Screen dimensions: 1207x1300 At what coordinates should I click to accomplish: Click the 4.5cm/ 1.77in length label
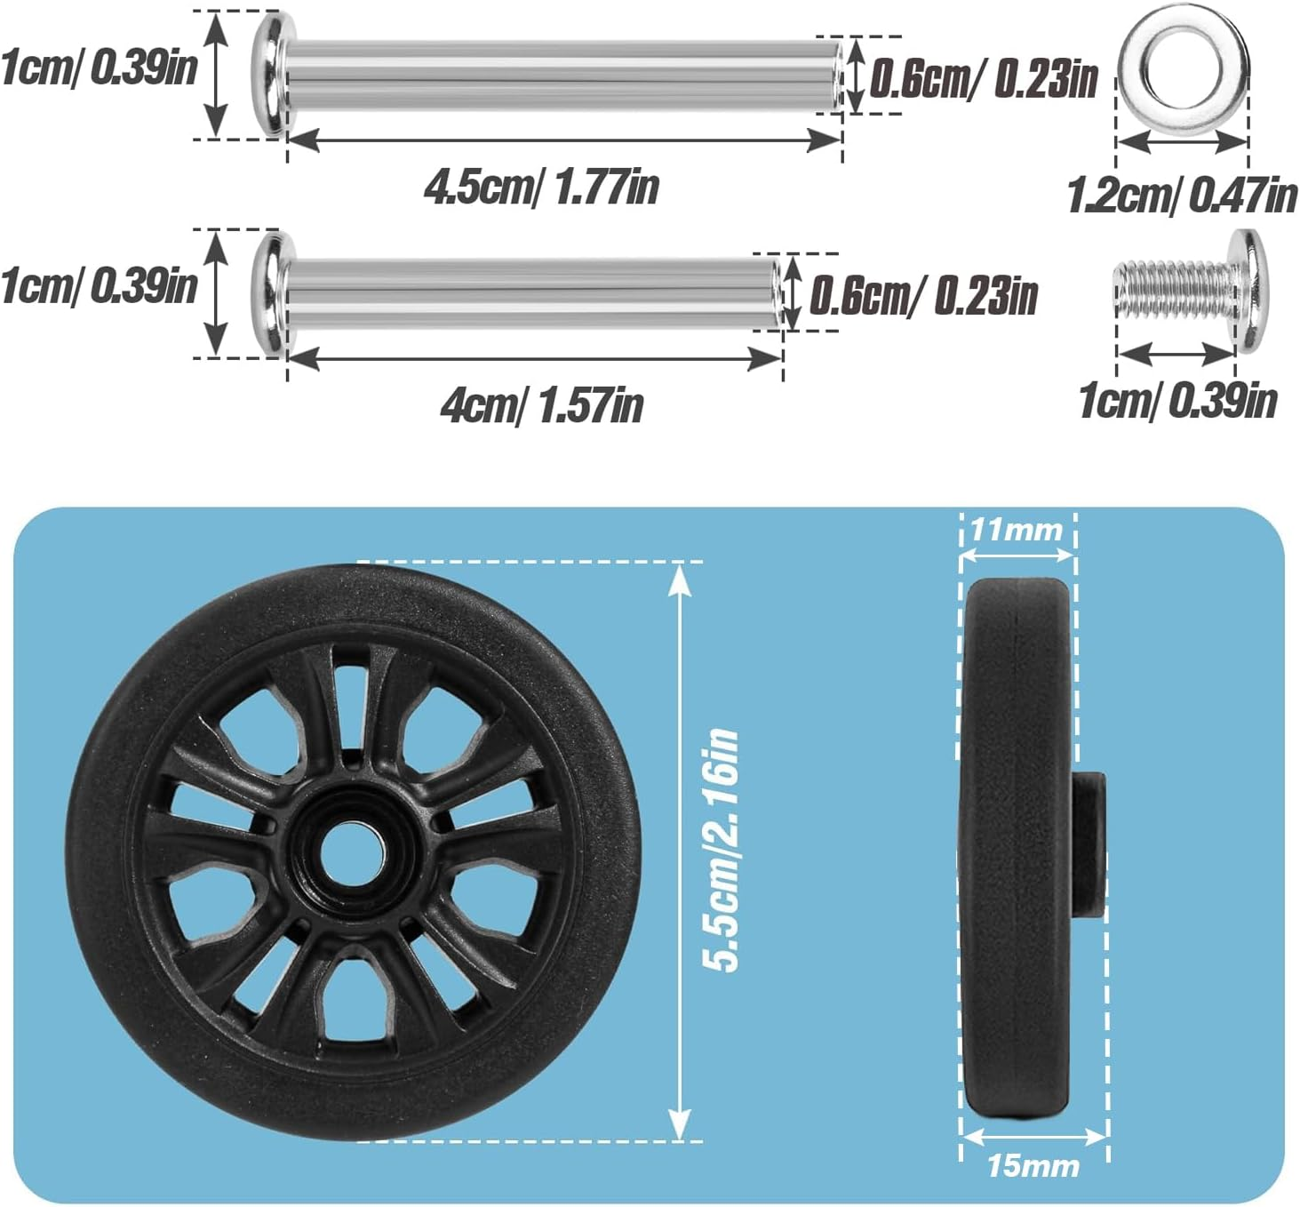(x=541, y=187)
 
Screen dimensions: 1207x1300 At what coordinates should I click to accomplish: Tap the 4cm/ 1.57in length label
(x=541, y=405)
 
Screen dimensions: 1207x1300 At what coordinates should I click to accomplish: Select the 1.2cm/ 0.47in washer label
(x=1181, y=195)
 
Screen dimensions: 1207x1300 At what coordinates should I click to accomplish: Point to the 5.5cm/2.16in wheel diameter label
(x=721, y=850)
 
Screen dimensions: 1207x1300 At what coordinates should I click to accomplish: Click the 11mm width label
(x=1016, y=530)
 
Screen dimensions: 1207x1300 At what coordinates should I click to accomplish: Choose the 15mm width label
(x=1033, y=1165)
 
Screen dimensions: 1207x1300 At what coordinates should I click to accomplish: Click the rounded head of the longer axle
(x=269, y=73)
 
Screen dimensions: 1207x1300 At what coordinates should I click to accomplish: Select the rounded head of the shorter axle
(x=269, y=292)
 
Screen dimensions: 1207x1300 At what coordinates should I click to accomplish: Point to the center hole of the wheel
(x=354, y=851)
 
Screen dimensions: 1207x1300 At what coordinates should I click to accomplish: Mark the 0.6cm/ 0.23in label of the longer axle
(x=983, y=78)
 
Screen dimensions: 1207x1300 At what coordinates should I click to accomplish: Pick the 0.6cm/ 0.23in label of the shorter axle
(x=923, y=295)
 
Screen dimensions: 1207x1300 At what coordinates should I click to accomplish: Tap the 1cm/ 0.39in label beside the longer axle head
(x=98, y=68)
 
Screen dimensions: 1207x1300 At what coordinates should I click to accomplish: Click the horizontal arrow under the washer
(x=1182, y=141)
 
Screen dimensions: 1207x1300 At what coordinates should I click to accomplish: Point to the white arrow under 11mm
(x=1017, y=556)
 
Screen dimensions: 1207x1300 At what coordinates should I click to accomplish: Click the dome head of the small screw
(x=1249, y=291)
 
